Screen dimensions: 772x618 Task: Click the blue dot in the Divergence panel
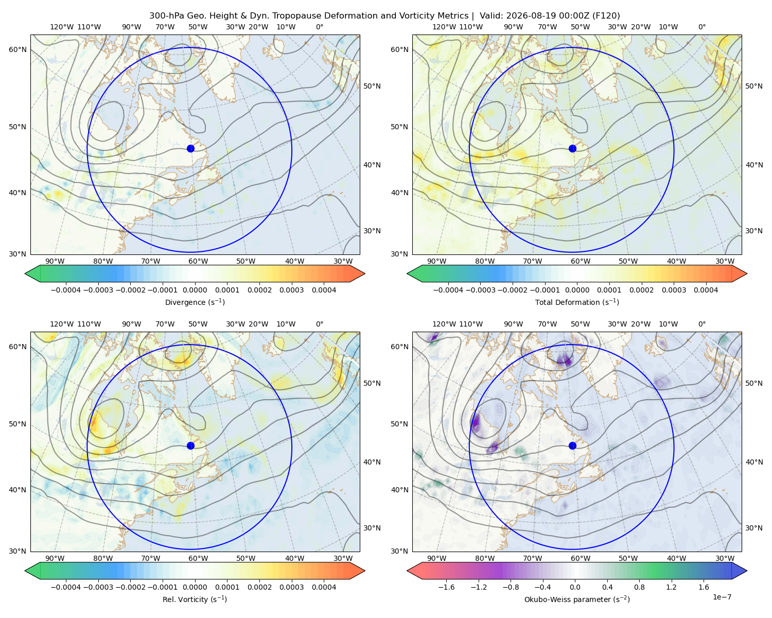click(190, 148)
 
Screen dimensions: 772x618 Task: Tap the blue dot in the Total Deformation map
click(572, 148)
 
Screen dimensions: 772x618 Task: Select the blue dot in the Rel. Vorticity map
click(190, 445)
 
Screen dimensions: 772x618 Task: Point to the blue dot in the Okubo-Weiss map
click(572, 445)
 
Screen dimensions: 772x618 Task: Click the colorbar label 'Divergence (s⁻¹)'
click(195, 302)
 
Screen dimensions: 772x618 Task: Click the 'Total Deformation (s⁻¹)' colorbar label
click(577, 302)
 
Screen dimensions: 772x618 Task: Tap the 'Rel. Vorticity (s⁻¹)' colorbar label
click(195, 599)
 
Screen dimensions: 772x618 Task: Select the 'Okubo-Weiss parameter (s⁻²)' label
click(577, 599)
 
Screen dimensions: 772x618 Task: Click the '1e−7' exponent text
click(722, 597)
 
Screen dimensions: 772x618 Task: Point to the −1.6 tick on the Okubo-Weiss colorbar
click(446, 587)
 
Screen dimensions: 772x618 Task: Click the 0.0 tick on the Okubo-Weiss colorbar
click(575, 587)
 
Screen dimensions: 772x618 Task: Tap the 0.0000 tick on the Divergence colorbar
click(195, 290)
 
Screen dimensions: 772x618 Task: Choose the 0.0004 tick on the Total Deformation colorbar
click(706, 290)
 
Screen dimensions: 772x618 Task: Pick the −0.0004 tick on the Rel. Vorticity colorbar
click(66, 587)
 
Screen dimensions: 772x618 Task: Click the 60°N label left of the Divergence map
click(17, 49)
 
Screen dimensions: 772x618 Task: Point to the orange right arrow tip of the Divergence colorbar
click(364, 273)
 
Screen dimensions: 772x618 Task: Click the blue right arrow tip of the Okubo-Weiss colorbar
click(747, 571)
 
